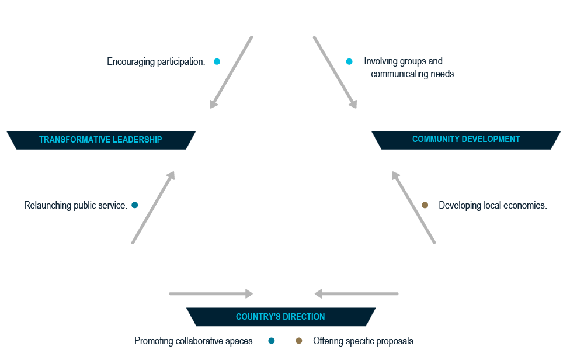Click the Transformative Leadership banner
pos(100,140)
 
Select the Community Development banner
pos(466,140)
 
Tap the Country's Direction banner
pos(280,317)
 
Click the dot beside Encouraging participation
pos(217,61)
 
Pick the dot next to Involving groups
pos(349,61)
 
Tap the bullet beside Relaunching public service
pos(135,205)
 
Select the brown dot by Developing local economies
pos(425,205)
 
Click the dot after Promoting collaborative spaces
pos(272,341)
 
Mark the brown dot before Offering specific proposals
pos(299,341)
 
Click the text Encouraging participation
pos(156,61)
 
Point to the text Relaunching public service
pos(75,206)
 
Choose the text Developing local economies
pos(492,206)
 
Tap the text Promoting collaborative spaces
pos(194,341)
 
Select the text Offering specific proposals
pos(364,341)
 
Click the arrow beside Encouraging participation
pos(231,72)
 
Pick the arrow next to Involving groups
pos(335,72)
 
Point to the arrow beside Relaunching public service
pos(154,207)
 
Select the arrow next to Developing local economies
pos(413,207)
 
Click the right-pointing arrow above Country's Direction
pos(211,294)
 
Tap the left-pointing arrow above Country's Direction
pos(356,294)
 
